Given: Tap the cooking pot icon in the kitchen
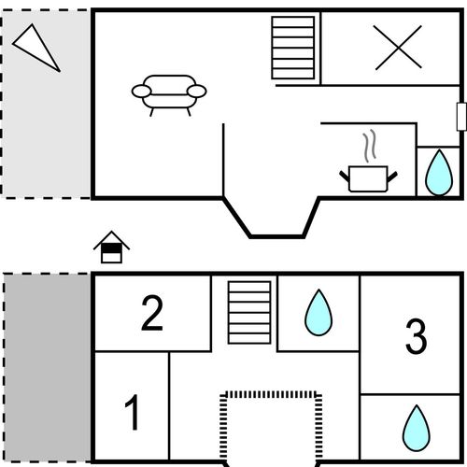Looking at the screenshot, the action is pyautogui.click(x=368, y=178).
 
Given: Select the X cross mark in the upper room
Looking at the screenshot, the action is pyautogui.click(x=398, y=48).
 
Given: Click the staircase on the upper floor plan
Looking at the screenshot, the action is pyautogui.click(x=293, y=48).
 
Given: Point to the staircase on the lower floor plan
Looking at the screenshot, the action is pyautogui.click(x=249, y=313).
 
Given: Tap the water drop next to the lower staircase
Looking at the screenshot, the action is pyautogui.click(x=318, y=313).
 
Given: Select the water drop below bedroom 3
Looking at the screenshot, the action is pyautogui.click(x=417, y=428).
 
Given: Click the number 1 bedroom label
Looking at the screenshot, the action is pyautogui.click(x=132, y=412).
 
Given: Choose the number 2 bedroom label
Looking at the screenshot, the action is pyautogui.click(x=152, y=313).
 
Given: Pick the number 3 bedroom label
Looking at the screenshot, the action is pyautogui.click(x=416, y=336).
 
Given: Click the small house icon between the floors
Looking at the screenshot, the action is pyautogui.click(x=111, y=248).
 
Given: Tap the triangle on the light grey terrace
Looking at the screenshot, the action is pyautogui.click(x=35, y=47).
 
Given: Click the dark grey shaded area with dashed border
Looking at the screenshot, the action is pyautogui.click(x=47, y=367).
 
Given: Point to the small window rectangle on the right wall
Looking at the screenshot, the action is pyautogui.click(x=461, y=117).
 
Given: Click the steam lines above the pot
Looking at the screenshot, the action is pyautogui.click(x=370, y=146).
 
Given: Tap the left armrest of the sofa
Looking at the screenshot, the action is pyautogui.click(x=141, y=92).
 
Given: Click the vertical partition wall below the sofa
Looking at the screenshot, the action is pyautogui.click(x=223, y=160).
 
